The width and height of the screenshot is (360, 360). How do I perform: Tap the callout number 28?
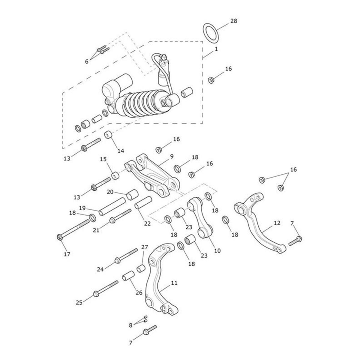tap(234, 21)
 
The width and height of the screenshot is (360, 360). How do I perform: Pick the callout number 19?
tap(82, 208)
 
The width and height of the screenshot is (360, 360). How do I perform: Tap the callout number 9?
tap(172, 156)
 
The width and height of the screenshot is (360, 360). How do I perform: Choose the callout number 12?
tap(277, 223)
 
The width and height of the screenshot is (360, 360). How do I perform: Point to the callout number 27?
tap(145, 247)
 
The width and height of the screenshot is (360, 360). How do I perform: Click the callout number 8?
tap(130, 325)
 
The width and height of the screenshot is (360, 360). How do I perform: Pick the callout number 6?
tap(87, 61)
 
